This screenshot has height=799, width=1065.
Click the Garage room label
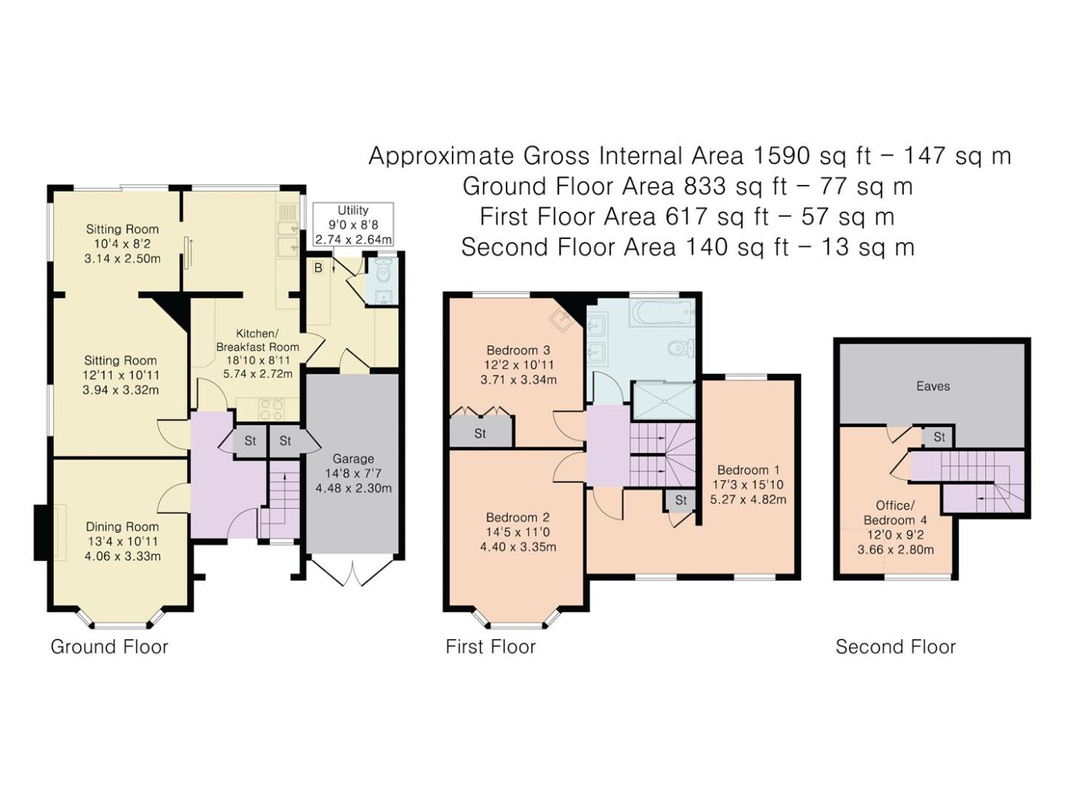coord(353,459)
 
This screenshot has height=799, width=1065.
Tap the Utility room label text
coord(353,211)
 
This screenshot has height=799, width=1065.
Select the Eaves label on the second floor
coord(933,386)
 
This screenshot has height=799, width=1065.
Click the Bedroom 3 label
coord(518,350)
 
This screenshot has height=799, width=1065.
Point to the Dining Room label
coord(122,527)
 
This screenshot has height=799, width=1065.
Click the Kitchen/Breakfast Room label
coord(257,340)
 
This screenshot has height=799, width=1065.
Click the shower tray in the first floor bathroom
coord(664,401)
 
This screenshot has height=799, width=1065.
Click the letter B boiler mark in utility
coord(319,268)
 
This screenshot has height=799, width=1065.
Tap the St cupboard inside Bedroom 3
coord(480,434)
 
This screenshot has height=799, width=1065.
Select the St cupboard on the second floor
coord(939,437)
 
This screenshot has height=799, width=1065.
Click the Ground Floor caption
coord(109,647)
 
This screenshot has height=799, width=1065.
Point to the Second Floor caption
coord(895,647)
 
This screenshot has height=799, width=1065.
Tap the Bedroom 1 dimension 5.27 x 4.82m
coord(748,499)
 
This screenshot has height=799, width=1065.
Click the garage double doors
coord(354,572)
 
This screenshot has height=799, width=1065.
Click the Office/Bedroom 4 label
coord(895,513)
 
